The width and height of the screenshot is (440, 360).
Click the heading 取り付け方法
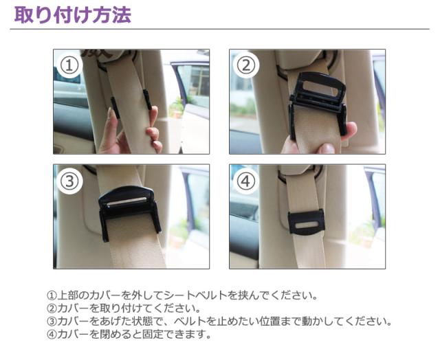[x=72, y=14]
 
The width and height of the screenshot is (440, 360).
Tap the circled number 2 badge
[x=246, y=66]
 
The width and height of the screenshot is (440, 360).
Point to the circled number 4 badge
[x=246, y=181]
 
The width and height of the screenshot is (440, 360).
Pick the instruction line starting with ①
[x=181, y=296]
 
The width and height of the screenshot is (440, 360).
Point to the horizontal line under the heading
[x=220, y=29]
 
